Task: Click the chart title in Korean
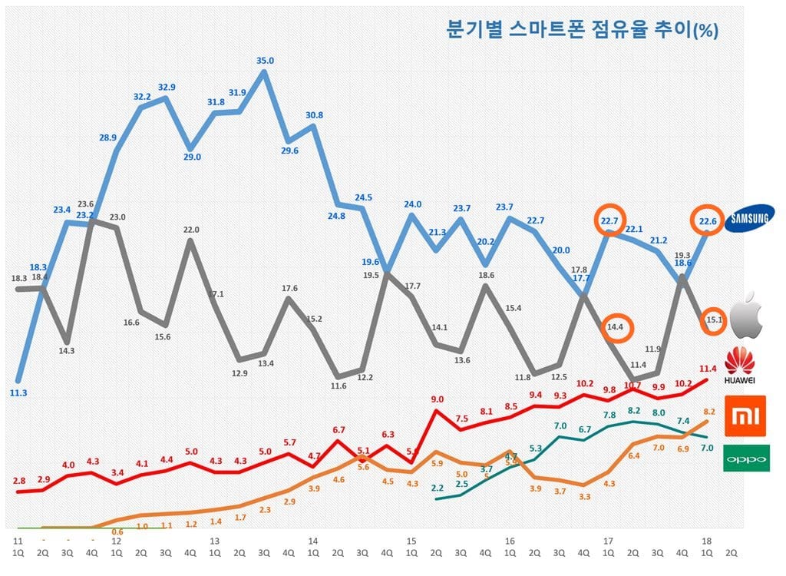[x=582, y=30]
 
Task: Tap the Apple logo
[x=748, y=318]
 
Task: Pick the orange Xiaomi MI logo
[x=748, y=416]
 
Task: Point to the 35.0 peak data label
[x=265, y=61]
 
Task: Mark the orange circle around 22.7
[x=612, y=222]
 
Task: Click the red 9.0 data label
[x=438, y=399]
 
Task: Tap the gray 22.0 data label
[x=191, y=229]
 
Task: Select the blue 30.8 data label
[x=314, y=115]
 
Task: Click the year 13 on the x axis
[x=215, y=541]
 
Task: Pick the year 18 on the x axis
[x=706, y=541]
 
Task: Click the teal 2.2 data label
[x=438, y=488]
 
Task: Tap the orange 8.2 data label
[x=709, y=412]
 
